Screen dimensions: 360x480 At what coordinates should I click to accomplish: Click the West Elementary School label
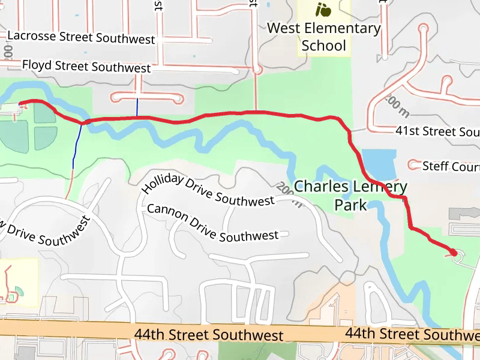click(x=324, y=37)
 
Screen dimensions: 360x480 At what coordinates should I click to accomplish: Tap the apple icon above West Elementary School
click(x=323, y=10)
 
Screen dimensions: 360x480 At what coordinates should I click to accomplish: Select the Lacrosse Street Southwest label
click(x=82, y=37)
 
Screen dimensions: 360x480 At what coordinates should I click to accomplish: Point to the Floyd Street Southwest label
click(x=86, y=65)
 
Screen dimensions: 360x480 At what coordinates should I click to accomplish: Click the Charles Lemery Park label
click(x=350, y=196)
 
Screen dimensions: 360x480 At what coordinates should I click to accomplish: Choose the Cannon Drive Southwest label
click(x=212, y=223)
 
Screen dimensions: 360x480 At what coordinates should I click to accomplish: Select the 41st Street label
click(x=437, y=131)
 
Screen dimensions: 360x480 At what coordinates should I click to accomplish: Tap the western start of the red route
click(x=21, y=104)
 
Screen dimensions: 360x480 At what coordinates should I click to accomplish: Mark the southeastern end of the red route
click(x=454, y=253)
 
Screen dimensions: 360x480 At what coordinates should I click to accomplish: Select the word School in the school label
click(x=324, y=46)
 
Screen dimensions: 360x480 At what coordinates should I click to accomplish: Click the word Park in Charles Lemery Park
click(x=350, y=205)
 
